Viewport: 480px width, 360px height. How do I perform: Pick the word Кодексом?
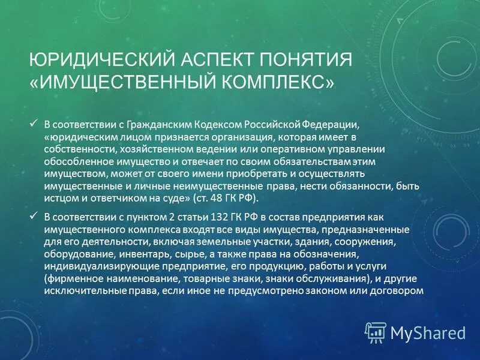tap(218, 125)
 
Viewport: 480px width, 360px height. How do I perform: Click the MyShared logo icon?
tap(376, 332)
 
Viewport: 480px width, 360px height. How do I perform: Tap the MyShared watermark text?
tap(428, 332)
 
